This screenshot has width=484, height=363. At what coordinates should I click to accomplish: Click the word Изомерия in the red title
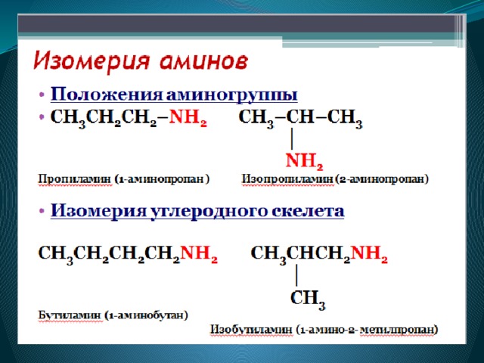[x=92, y=62]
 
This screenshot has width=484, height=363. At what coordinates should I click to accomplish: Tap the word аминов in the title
[x=204, y=62]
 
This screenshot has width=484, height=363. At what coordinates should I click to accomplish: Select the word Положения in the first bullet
[x=106, y=95]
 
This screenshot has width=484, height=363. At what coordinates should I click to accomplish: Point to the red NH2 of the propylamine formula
[x=188, y=118]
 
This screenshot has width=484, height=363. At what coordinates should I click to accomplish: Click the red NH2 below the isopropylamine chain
[x=304, y=161]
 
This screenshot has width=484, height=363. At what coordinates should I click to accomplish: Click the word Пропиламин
[x=74, y=179]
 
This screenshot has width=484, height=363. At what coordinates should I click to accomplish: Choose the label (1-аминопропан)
[x=162, y=179]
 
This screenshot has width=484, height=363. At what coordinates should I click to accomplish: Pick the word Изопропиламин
[x=287, y=179]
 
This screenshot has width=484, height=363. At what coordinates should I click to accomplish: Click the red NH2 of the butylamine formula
[x=199, y=254]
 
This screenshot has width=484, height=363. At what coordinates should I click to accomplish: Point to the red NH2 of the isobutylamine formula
[x=369, y=254]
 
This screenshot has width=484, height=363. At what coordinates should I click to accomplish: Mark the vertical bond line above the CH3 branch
[x=296, y=275]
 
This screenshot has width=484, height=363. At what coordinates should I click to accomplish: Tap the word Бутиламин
[x=70, y=316]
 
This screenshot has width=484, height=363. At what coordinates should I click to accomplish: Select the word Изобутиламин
[x=251, y=330]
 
